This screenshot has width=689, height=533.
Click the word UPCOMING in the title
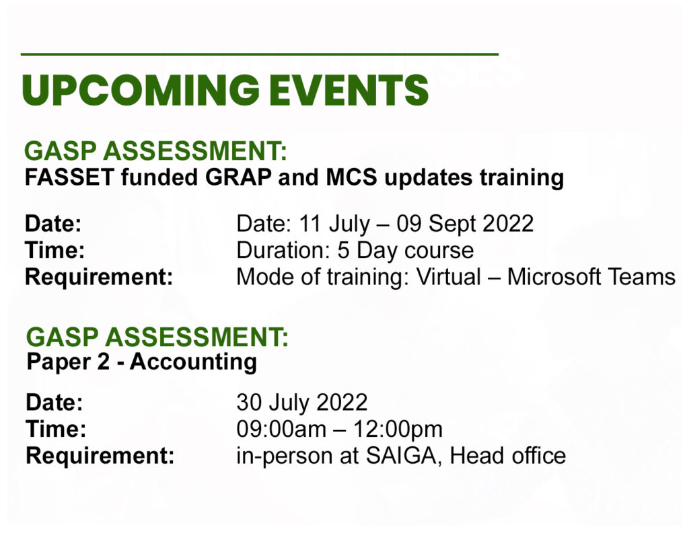[x=141, y=90]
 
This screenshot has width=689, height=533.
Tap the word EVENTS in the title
[x=349, y=90]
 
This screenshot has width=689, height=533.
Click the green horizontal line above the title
[x=260, y=54]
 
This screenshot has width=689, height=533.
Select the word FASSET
[x=69, y=177]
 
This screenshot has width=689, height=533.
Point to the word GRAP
[x=238, y=177]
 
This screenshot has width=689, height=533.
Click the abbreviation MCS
[x=351, y=177]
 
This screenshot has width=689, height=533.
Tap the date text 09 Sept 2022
[x=465, y=223]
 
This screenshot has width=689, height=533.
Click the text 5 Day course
[x=406, y=250]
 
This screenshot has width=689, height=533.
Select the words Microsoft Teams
[x=591, y=277]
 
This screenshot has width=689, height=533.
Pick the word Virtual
[x=448, y=277]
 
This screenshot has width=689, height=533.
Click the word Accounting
[x=193, y=363]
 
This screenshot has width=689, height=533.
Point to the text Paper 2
[x=68, y=362]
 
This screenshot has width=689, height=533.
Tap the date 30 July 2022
[x=302, y=402]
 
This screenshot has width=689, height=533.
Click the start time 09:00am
[x=281, y=429]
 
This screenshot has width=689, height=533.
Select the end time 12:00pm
[x=398, y=429]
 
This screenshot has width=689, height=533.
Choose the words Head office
[x=507, y=456]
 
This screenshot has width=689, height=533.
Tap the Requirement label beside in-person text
[x=100, y=456]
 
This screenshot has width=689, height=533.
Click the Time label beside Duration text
[x=55, y=250]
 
